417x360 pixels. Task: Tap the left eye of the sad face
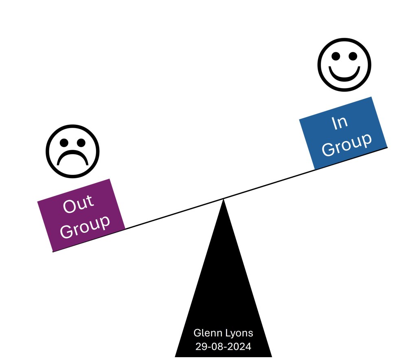[64, 142]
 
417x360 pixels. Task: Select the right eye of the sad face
[81, 142]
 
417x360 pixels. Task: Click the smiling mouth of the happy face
[345, 74]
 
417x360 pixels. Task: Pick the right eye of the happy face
[353, 57]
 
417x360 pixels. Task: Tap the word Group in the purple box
[85, 225]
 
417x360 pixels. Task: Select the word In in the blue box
[339, 122]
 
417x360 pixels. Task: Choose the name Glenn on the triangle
[207, 333]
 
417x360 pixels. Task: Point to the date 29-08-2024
[223, 347]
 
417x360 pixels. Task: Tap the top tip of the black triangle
[223, 200]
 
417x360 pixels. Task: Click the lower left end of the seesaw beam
[53, 252]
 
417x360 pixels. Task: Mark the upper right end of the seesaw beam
[387, 147]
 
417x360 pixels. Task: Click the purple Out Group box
[81, 214]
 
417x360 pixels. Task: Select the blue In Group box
[343, 133]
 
